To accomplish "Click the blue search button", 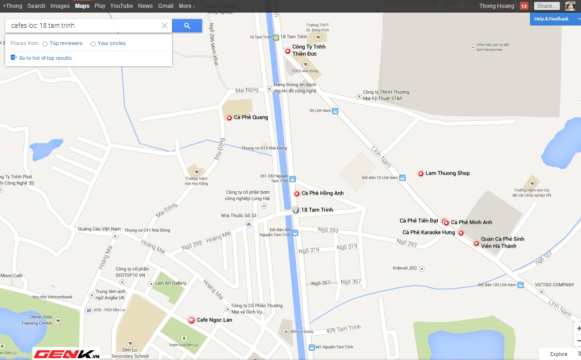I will point(187,26).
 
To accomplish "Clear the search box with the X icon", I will point(165,26).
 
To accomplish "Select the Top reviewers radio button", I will point(45,44).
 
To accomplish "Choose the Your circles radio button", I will point(93,44).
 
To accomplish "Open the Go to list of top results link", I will point(45,58).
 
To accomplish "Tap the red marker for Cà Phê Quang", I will point(229,118).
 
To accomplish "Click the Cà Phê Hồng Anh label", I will point(322,193).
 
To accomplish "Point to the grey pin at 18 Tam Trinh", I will point(295,210).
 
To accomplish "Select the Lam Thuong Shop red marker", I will point(421,174).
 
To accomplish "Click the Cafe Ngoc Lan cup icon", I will point(191,320).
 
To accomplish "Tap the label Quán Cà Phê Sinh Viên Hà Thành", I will point(502,242).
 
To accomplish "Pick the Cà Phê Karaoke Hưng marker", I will point(461,233).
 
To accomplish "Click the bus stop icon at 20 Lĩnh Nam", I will point(335,111).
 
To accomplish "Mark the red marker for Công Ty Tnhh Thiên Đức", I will point(287,51).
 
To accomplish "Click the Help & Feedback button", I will point(552,19).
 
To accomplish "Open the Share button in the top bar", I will point(547,6).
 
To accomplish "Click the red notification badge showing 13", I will point(524,6).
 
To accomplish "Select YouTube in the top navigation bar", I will point(121,6).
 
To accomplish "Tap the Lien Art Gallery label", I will point(171,283).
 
